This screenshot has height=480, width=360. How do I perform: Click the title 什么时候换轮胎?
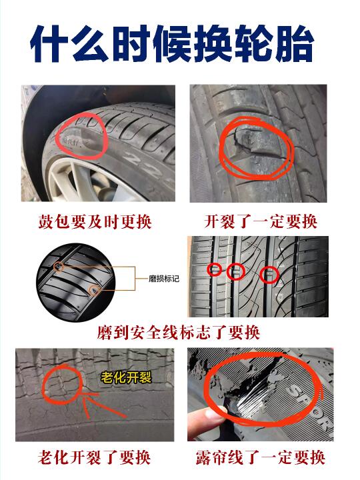(x=172, y=44)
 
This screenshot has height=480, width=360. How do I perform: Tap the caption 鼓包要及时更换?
(x=95, y=221)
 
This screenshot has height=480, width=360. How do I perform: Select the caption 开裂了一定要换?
(x=261, y=221)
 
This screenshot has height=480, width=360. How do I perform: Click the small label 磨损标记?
(x=164, y=279)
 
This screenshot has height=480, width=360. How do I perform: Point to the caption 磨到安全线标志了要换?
(x=179, y=332)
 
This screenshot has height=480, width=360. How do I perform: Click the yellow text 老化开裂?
(x=126, y=377)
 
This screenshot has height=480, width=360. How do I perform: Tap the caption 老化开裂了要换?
(x=94, y=457)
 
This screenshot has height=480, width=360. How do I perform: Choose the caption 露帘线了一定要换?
(x=260, y=457)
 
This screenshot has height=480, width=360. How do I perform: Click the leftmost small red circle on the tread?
(x=214, y=269)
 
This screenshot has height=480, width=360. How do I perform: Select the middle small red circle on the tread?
(x=236, y=271)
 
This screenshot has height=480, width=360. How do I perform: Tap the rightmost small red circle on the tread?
(x=269, y=275)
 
